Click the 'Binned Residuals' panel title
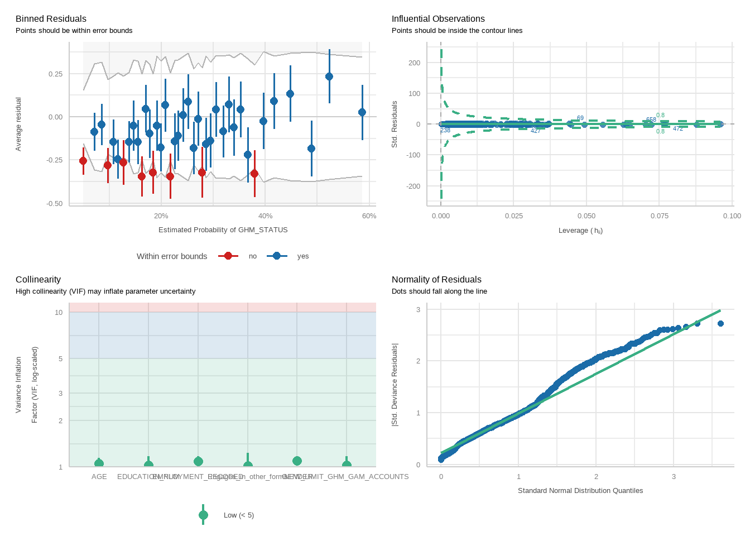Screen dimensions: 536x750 coord(51,19)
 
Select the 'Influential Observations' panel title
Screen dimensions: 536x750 coord(438,19)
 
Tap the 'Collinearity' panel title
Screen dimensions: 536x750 coord(38,280)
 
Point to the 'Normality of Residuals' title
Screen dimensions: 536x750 coord(436,280)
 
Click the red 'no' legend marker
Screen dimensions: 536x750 coord(228,256)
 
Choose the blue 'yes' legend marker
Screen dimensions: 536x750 coord(277,256)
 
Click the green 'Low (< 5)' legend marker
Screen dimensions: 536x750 coord(203,515)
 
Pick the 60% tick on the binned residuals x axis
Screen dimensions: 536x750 coord(369,216)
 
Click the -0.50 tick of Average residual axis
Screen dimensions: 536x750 coord(55,204)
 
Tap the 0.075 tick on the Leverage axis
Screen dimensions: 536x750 coord(659,216)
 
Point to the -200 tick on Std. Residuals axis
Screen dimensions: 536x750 coord(414,186)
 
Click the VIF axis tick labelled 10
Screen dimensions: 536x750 coord(59,313)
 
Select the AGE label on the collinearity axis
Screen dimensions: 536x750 coord(99,477)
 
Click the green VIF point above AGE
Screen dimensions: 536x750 coord(99,463)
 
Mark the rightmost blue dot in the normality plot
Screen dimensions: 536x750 coord(720,324)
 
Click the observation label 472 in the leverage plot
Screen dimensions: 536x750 coord(678,129)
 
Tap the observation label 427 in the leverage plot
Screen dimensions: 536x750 coord(535,131)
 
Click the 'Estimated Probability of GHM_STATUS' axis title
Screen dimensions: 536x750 coord(223,230)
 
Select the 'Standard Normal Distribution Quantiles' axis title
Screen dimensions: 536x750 coord(580,491)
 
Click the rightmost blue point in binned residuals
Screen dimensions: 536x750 coord(362,112)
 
